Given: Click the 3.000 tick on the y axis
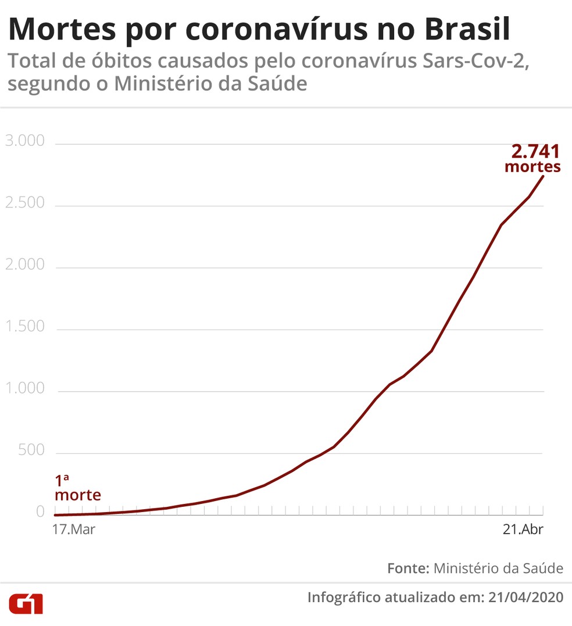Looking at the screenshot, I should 24,141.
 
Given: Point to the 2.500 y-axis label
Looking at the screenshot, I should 24,203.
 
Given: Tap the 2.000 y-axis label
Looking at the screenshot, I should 24,265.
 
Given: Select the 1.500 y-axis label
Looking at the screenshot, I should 24,327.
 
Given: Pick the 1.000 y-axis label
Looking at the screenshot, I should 24,388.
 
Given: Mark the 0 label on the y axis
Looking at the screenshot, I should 40,511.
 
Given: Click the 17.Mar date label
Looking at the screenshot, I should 74,530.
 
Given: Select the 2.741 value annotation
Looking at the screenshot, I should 535,152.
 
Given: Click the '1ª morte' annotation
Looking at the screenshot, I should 77,488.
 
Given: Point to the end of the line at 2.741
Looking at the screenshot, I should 544,176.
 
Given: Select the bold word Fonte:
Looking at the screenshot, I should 408,568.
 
